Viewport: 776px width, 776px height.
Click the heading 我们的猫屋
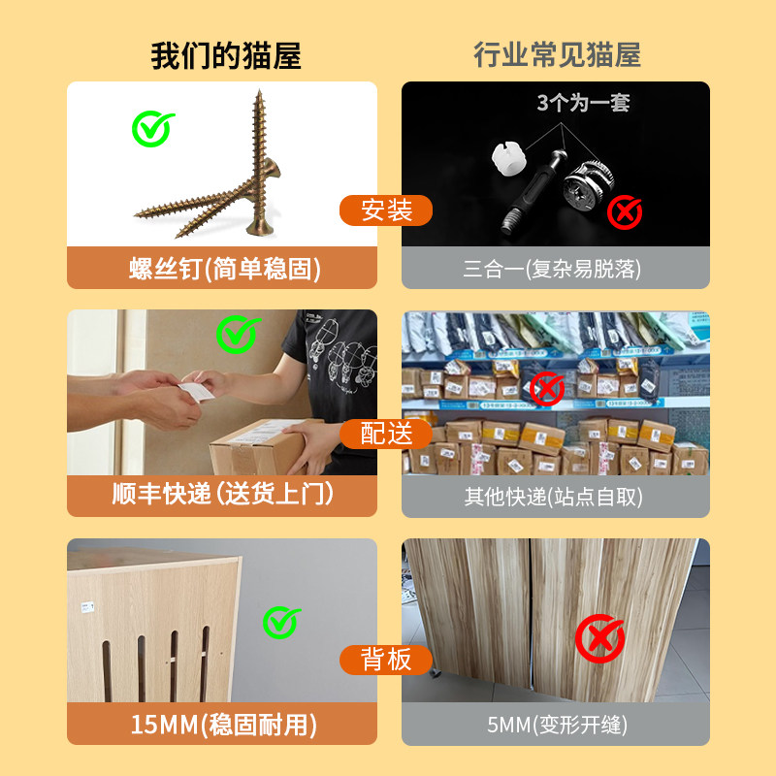tap(226, 56)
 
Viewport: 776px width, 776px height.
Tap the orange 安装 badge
tap(386, 210)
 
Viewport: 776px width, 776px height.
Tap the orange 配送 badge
tap(386, 434)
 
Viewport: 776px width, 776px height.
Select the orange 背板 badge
tap(386, 661)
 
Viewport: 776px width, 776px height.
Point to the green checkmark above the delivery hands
tap(237, 334)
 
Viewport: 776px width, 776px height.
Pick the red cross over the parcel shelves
tap(548, 389)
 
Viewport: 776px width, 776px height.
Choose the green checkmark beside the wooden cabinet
tap(281, 622)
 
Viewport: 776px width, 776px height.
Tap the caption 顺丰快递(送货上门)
tap(223, 495)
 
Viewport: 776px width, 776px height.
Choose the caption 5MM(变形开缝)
tap(556, 725)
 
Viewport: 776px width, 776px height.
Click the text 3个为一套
tap(583, 103)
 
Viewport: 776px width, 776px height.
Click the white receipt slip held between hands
tap(196, 390)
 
